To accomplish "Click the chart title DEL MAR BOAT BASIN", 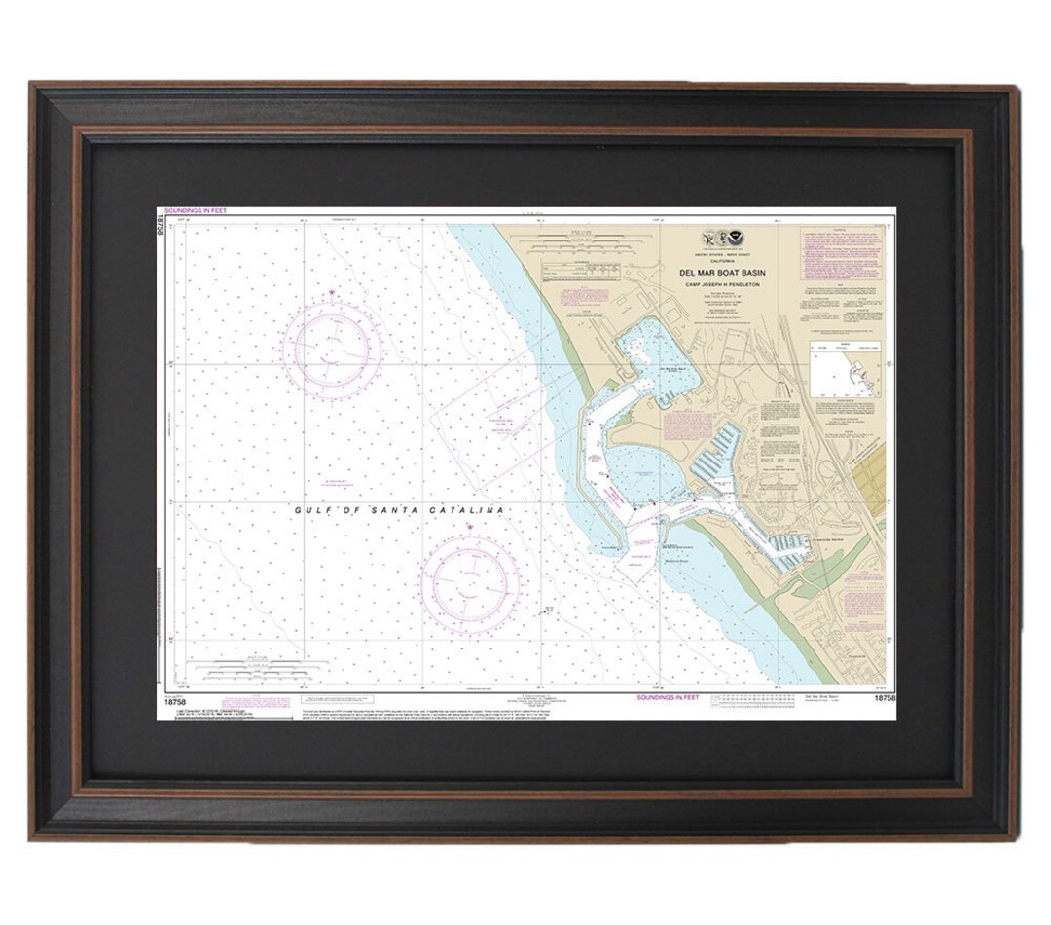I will coord(723,273).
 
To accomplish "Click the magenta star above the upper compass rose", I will coord(332,292).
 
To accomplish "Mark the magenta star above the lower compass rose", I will coord(470,527).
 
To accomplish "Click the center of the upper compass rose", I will coord(332,348).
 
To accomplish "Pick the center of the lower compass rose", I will coord(470,583).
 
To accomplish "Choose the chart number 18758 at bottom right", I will coord(884,698).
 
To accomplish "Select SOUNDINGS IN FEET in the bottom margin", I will coord(668,697).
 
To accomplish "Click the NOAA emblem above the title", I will coord(736,237).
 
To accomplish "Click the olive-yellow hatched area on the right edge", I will coord(870,482).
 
